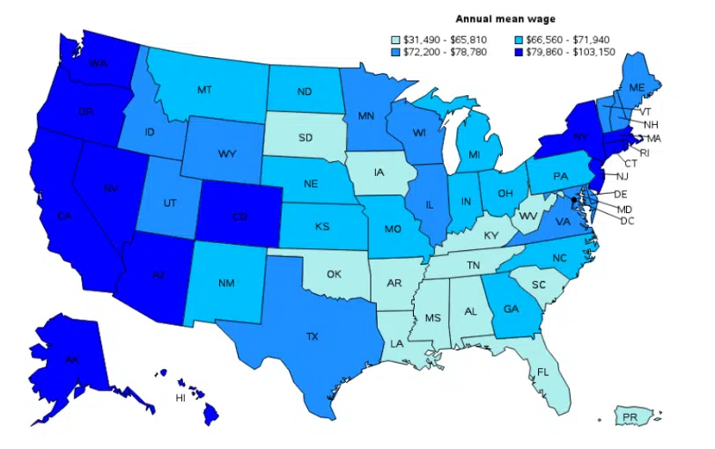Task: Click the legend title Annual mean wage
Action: coord(498,18)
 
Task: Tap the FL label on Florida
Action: coord(542,372)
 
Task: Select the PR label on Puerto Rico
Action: coord(629,416)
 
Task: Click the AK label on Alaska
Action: coord(71,359)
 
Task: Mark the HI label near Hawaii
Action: coord(180,398)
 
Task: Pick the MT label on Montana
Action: coord(204,90)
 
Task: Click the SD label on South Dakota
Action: coord(305,137)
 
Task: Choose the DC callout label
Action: coord(627,220)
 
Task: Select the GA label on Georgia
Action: coord(511,309)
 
